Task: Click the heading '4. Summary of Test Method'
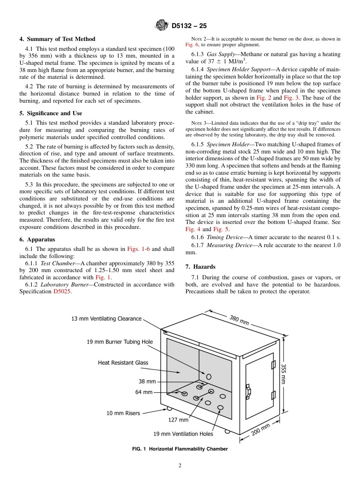tap(57, 39)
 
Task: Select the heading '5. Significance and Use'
tap(51, 113)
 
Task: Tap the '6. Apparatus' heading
tap(37, 239)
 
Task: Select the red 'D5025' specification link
tap(62, 291)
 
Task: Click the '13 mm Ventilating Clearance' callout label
tap(106, 319)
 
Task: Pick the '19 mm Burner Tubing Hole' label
tap(120, 342)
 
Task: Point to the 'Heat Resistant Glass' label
tap(123, 363)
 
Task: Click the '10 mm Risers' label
tap(123, 413)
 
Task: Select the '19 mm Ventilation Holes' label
tap(183, 434)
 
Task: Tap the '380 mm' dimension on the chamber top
tap(239, 320)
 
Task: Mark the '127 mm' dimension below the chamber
tap(178, 420)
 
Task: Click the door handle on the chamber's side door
tap(249, 391)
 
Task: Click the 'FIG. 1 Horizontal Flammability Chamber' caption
tap(180, 449)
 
